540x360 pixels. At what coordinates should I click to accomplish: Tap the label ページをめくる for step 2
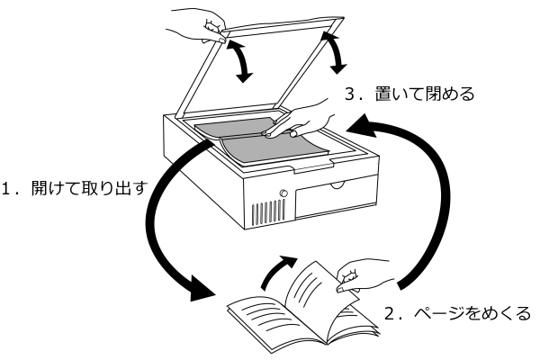click(x=467, y=316)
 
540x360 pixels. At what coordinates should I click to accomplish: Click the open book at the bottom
click(x=288, y=310)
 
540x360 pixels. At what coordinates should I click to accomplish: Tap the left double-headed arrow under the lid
click(x=240, y=58)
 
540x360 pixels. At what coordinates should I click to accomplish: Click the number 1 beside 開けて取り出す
click(x=6, y=190)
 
